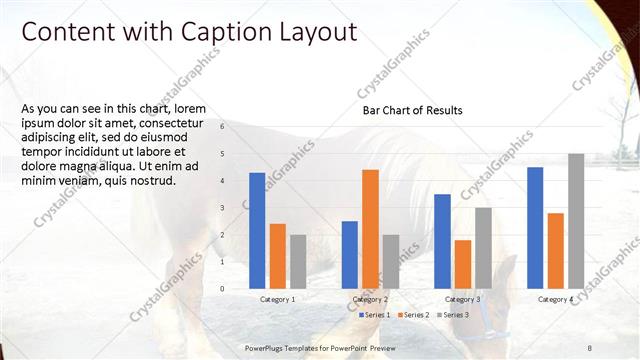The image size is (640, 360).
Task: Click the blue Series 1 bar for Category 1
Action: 257,230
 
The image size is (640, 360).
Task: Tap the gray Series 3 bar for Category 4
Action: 576,221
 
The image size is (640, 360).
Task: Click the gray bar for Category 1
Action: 298,261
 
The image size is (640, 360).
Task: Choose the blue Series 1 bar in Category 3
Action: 443,241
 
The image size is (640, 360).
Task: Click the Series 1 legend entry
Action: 376,315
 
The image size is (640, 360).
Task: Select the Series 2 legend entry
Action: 415,315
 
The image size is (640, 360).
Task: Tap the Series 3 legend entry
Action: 455,315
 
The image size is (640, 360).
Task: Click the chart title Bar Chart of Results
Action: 412,110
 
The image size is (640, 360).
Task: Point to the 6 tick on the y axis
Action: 222,127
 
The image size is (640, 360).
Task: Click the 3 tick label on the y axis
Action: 222,208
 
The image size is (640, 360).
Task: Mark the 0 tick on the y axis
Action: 222,289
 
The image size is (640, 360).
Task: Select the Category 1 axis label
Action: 277,299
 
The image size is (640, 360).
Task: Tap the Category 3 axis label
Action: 463,299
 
